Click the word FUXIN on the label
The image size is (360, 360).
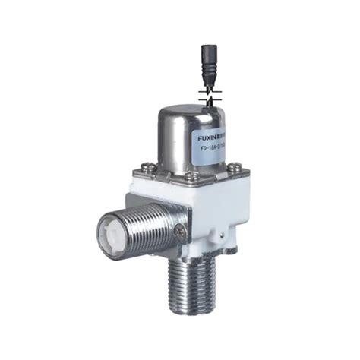[x=209, y=138]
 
